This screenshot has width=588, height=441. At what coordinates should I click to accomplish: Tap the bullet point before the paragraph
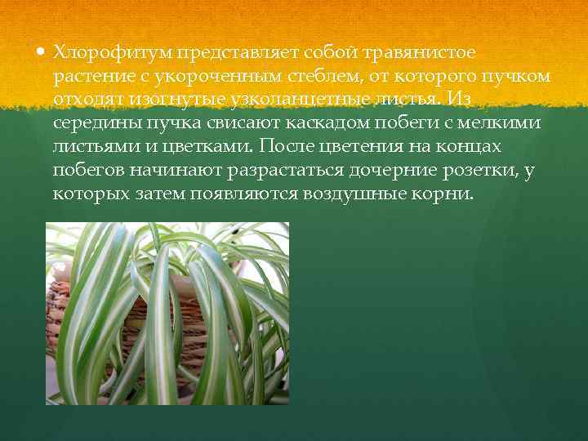[x=42, y=52]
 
